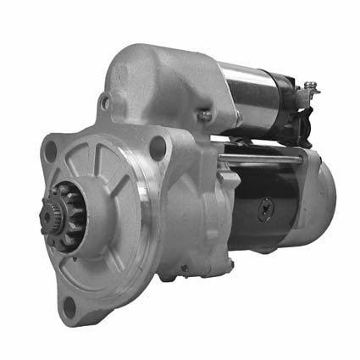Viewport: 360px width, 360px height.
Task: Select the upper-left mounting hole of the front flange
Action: point(50,150)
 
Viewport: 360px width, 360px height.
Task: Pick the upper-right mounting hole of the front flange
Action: point(157,147)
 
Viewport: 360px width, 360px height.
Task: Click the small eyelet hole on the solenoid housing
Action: point(104,102)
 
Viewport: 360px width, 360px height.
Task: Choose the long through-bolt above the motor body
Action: point(271,158)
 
